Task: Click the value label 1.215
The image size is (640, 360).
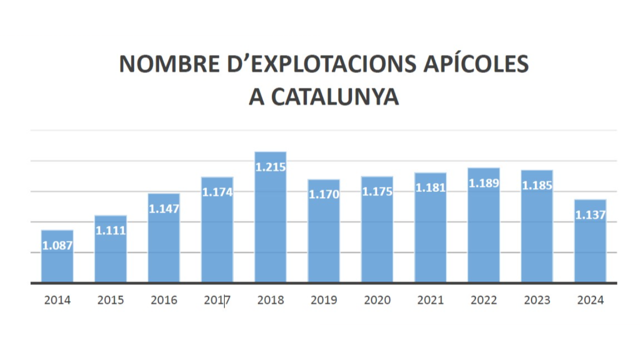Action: click(270, 167)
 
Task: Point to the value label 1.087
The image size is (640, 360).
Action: click(57, 245)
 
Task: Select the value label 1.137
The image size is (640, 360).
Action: click(590, 215)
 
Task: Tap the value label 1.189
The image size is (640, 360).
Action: click(483, 183)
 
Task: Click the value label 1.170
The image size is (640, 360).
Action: click(324, 194)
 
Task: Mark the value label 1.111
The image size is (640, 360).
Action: click(110, 230)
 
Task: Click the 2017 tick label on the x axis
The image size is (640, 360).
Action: click(217, 300)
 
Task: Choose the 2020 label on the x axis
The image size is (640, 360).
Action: click(377, 300)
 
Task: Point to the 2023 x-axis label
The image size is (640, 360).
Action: click(537, 300)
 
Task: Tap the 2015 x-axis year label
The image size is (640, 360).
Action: click(110, 300)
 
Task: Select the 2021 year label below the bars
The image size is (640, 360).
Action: click(430, 300)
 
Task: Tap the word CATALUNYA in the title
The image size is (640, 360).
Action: click(335, 97)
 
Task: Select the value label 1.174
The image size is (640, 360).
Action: click(217, 192)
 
